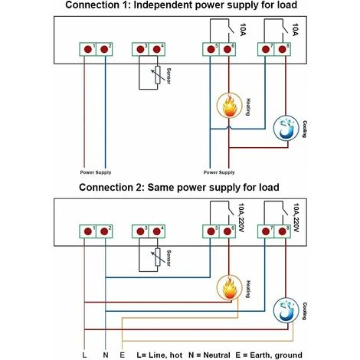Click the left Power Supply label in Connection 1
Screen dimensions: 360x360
(96, 172)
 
